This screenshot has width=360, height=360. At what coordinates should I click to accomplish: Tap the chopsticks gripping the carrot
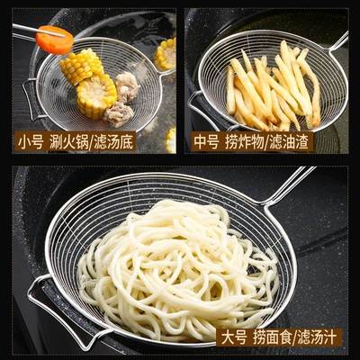click(x=27, y=31)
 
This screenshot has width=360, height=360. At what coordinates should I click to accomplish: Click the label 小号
click(x=29, y=140)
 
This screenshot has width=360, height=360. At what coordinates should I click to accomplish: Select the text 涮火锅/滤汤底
click(x=91, y=140)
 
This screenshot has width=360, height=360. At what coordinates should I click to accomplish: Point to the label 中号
click(x=205, y=140)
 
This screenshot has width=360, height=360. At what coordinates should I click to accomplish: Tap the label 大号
click(x=235, y=336)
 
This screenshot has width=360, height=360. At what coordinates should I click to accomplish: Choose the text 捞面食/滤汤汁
click(x=295, y=336)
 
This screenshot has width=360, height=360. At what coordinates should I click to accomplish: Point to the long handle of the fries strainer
click(x=339, y=40)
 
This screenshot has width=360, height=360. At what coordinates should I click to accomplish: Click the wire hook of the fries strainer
click(x=200, y=108)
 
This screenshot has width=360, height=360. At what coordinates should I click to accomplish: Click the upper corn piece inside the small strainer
click(x=82, y=65)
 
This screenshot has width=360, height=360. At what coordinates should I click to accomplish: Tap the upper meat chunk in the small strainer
click(x=127, y=85)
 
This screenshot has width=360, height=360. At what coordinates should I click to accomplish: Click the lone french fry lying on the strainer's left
click(x=230, y=90)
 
